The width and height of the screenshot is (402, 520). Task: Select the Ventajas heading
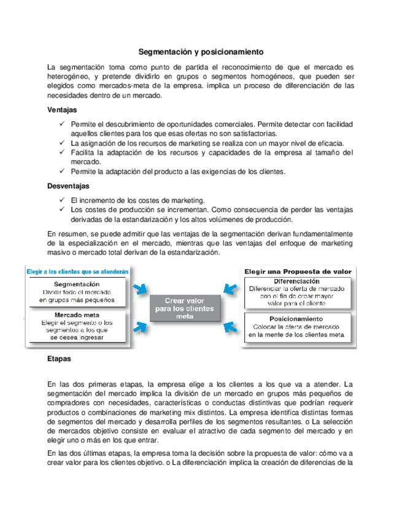click(62, 110)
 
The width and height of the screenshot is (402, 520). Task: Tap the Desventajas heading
click(68, 186)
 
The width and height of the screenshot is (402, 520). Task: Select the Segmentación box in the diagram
click(77, 292)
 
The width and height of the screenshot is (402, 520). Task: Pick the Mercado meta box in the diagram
click(77, 325)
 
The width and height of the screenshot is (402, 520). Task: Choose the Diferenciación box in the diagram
click(298, 291)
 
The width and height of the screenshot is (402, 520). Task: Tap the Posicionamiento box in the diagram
click(297, 327)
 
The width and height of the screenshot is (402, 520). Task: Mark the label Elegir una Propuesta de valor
click(298, 271)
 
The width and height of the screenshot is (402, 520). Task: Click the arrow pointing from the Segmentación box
click(140, 288)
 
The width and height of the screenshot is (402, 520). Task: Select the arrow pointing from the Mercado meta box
click(140, 327)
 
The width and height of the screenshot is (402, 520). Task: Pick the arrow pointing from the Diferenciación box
click(230, 288)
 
